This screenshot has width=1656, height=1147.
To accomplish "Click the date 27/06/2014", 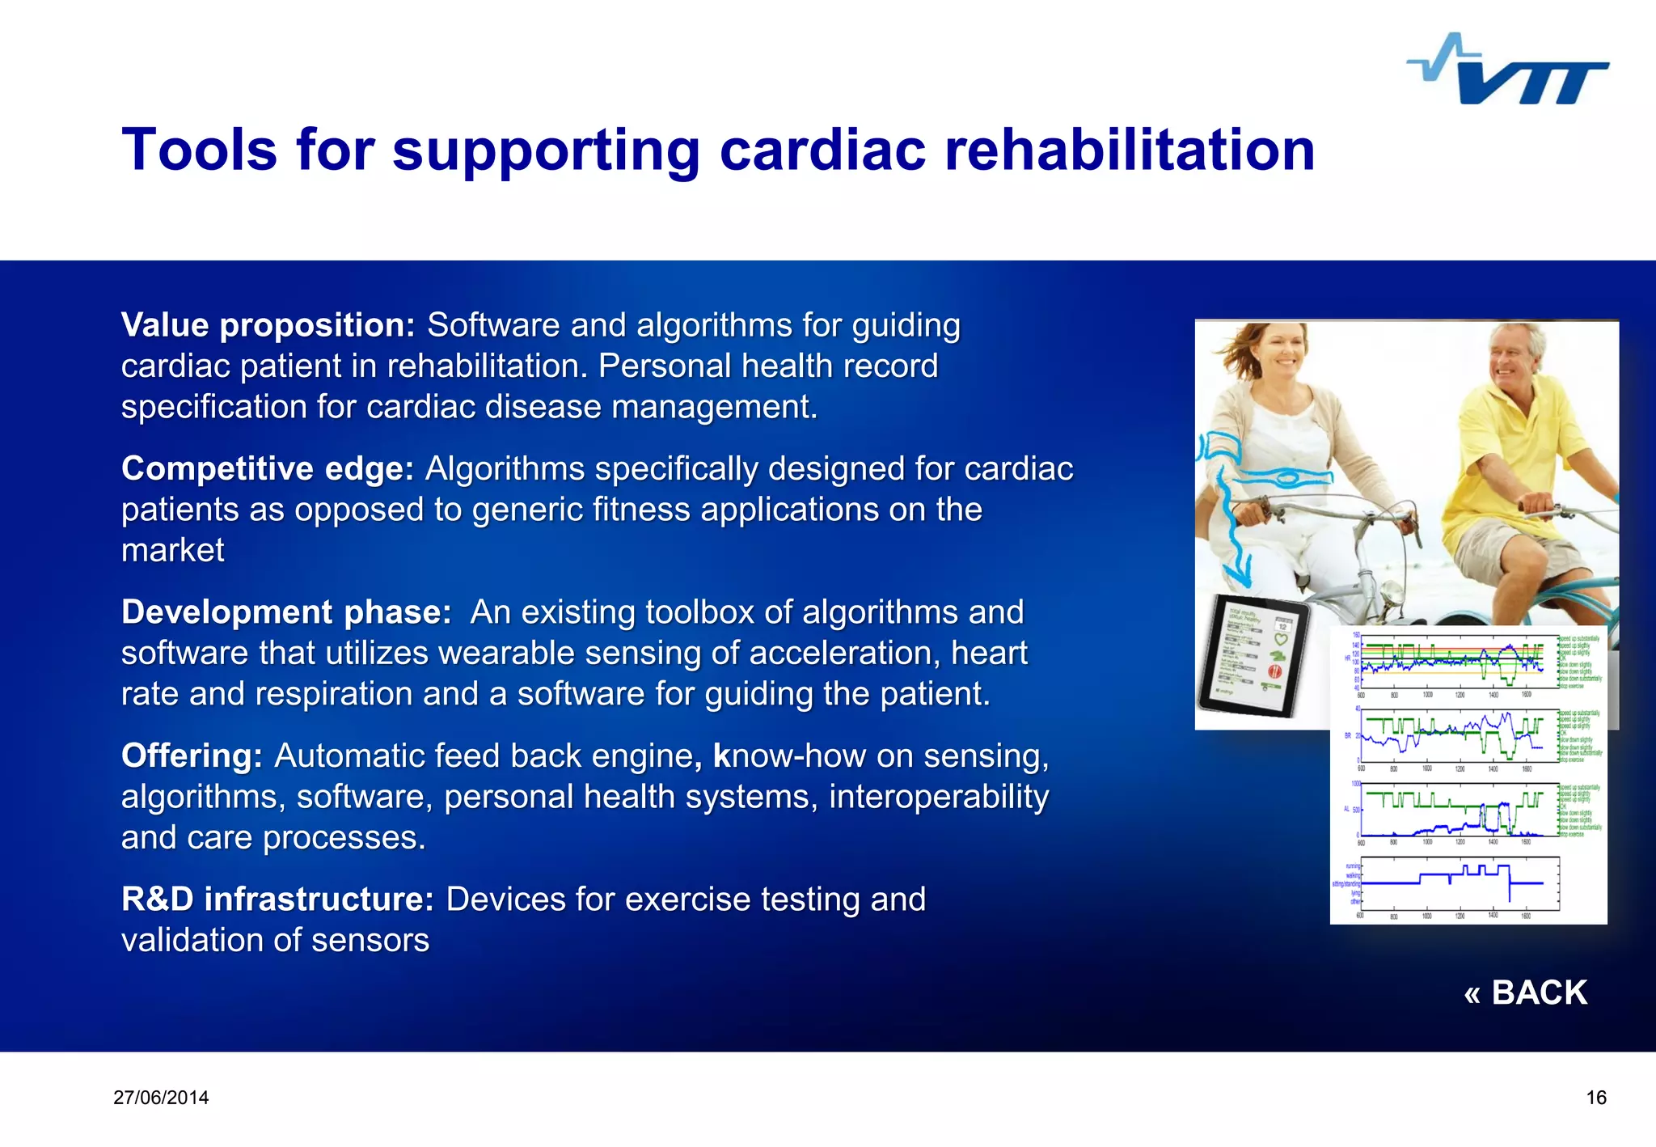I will click(161, 1098).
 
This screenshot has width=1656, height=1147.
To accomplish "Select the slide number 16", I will click(1595, 1098).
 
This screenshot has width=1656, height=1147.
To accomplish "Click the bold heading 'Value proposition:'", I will click(268, 325).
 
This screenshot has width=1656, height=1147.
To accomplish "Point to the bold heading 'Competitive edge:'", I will click(267, 469).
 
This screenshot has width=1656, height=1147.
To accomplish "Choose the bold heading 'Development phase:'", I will click(286, 612).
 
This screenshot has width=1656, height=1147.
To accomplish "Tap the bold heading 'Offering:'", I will click(192, 756).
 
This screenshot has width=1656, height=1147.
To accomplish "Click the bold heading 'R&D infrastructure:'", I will click(277, 899).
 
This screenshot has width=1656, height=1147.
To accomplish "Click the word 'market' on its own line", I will click(172, 551).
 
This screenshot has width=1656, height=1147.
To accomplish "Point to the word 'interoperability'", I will click(938, 797).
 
